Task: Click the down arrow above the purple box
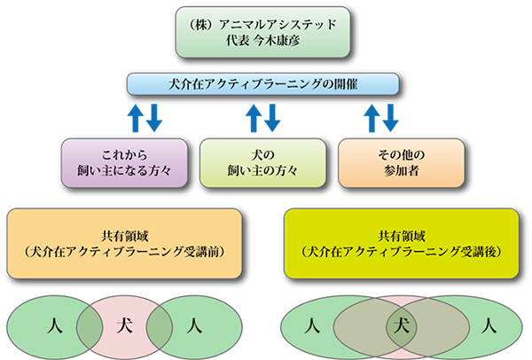coord(153,117)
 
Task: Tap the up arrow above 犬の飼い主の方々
coord(254,116)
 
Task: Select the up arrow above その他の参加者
coord(372,116)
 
